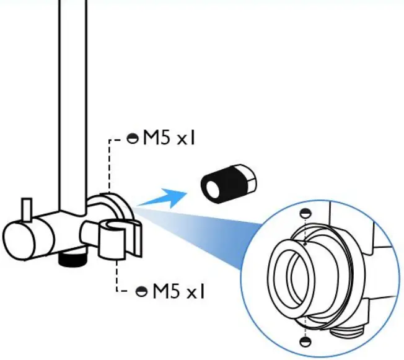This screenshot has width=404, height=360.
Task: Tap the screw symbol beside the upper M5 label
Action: pyautogui.click(x=132, y=139)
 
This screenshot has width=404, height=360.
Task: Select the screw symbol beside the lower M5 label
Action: pyautogui.click(x=141, y=291)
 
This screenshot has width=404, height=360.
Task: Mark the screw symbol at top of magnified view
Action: pyautogui.click(x=304, y=213)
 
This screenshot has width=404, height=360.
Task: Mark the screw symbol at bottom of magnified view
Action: pyautogui.click(x=304, y=341)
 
